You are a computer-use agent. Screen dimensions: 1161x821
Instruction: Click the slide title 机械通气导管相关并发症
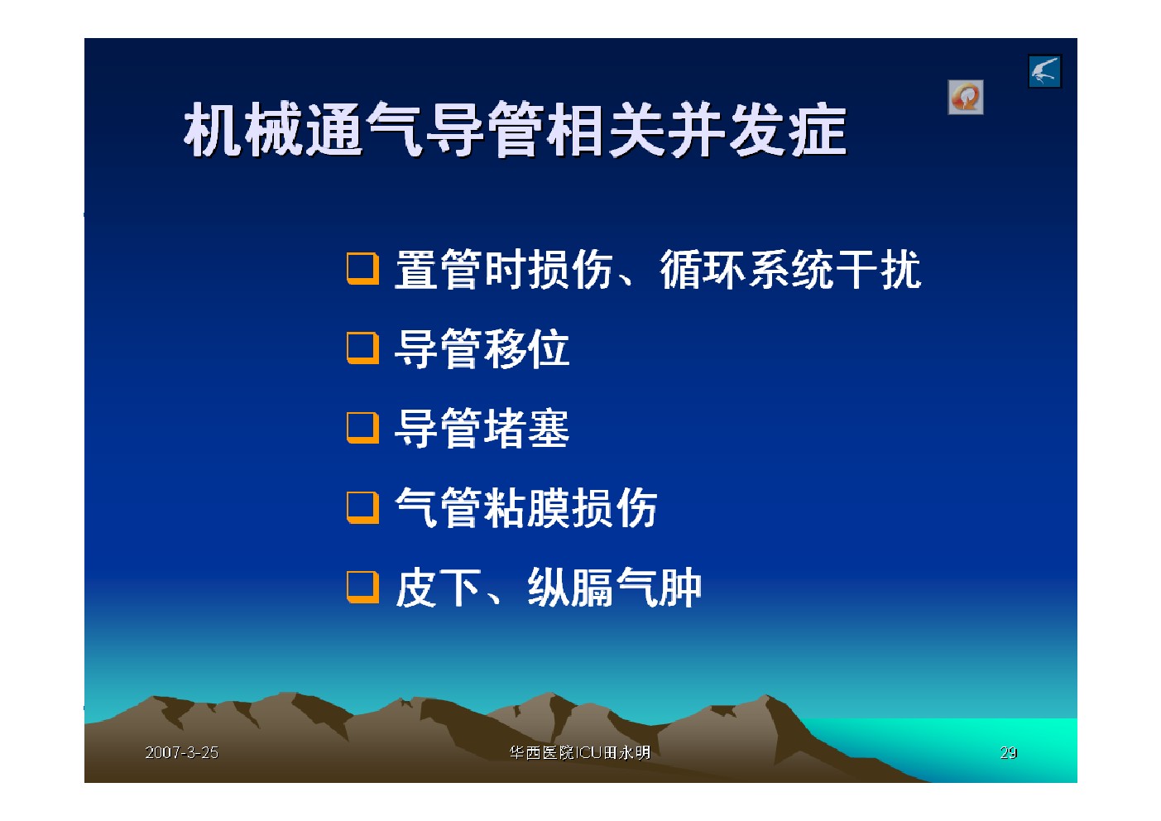click(516, 129)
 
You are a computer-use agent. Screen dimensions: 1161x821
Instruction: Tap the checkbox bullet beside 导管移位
click(362, 348)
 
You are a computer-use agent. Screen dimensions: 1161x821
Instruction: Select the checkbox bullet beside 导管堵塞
click(362, 428)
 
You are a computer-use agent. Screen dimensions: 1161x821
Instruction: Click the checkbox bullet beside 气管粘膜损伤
click(362, 507)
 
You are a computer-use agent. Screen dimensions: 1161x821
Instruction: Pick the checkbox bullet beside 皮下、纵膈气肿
click(362, 588)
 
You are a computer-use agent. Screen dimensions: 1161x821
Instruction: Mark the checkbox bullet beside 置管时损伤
click(362, 269)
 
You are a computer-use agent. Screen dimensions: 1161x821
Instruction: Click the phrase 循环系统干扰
click(790, 270)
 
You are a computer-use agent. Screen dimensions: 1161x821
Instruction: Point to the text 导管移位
click(482, 348)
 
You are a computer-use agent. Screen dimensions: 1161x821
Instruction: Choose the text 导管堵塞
click(482, 429)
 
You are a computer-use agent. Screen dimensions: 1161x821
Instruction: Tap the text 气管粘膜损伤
click(526, 508)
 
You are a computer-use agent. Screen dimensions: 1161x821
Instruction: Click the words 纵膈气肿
click(614, 588)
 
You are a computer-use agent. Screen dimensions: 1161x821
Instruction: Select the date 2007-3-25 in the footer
click(182, 752)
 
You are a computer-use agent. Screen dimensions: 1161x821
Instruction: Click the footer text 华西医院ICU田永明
click(580, 752)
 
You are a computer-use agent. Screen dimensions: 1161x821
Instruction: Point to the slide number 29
click(1008, 752)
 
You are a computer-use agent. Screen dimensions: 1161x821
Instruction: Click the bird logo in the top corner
click(1045, 71)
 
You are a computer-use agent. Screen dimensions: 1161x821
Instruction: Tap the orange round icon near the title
click(966, 97)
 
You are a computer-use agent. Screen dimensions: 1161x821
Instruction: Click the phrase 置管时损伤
click(504, 270)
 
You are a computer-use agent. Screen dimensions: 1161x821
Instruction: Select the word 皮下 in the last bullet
click(438, 588)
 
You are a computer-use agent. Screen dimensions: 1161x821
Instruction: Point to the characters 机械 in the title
click(243, 129)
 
